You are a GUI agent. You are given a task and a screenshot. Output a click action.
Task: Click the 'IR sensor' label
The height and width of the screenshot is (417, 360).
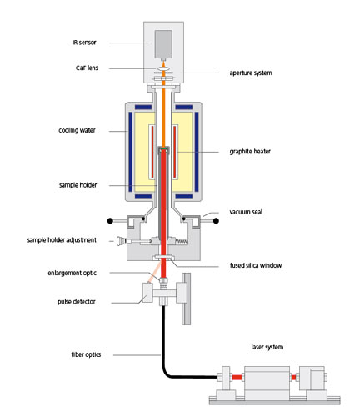pos(84,43)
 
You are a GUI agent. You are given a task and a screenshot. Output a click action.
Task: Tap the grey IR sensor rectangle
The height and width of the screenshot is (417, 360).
pos(163,44)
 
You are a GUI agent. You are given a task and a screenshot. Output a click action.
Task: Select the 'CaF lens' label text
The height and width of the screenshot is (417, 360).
pos(87,68)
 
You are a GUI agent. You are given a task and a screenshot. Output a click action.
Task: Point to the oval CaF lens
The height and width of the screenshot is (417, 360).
pos(163,68)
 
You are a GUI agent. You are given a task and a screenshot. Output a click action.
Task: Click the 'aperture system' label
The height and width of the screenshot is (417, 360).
pos(251,73)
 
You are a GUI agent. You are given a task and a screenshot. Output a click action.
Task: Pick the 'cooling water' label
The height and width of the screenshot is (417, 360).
pos(77,130)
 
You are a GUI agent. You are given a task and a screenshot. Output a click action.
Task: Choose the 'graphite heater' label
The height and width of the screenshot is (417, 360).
pos(250,151)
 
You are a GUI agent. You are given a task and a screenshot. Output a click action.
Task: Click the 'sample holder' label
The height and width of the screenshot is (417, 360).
pos(77,185)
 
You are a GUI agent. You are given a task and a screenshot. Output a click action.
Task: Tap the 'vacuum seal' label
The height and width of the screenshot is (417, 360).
pos(246,212)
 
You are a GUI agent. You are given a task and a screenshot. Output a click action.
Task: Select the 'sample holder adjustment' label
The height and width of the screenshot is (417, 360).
pos(62,239)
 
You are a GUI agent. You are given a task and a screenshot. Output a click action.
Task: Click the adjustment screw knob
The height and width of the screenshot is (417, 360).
pos(121,241)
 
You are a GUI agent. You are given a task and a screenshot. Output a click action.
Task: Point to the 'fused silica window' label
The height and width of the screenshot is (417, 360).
pos(256,265)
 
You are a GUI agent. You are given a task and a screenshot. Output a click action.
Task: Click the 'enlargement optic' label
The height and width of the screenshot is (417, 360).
pos(72,273)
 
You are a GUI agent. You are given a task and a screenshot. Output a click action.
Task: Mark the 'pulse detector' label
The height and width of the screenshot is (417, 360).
pos(77,302)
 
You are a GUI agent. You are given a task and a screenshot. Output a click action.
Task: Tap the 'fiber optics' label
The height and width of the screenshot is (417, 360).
pos(86,354)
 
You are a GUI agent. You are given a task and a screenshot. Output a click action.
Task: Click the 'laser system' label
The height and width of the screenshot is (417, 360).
pos(267,347)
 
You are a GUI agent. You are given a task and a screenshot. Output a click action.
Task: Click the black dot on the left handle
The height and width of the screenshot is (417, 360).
pos(110,221)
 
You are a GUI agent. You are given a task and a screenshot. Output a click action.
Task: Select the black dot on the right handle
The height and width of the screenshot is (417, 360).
pos(216,221)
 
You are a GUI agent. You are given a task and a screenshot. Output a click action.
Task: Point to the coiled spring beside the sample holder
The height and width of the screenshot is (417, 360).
pos(182,241)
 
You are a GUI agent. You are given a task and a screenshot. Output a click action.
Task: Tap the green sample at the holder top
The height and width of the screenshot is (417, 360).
pos(163,149)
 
